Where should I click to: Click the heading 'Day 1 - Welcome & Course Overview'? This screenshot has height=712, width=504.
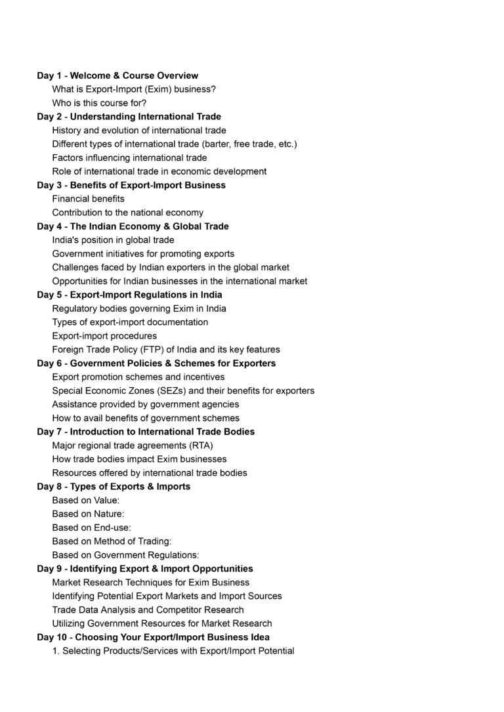pos(117,75)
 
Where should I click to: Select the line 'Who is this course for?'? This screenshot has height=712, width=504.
pos(99,103)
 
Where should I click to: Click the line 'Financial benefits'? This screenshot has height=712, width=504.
pos(88,198)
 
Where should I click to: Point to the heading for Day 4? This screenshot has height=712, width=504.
pos(133,226)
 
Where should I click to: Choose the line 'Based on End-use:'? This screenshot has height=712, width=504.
pos(91,528)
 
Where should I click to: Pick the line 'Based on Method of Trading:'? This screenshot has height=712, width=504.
pos(112,541)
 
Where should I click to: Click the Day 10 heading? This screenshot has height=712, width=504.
pos(153,637)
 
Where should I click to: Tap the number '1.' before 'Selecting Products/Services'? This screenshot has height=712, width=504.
pos(56,651)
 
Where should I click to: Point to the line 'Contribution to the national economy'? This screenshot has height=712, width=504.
pos(127,212)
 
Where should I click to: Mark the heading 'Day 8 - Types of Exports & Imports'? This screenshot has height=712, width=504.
pos(114,486)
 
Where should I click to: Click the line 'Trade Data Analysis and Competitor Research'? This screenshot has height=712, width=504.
pos(148,610)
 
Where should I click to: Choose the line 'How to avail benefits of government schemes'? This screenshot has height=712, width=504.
pos(146,418)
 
